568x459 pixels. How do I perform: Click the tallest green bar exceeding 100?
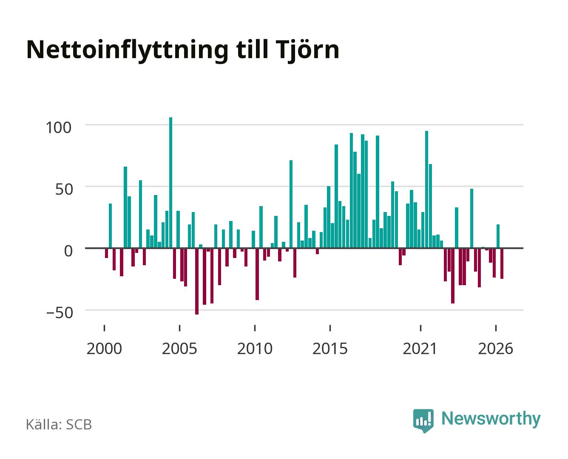tap(170, 182)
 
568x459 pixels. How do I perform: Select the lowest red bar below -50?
tap(197, 281)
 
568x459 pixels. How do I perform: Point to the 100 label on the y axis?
tap(59, 127)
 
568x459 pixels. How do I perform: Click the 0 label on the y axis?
tap(68, 251)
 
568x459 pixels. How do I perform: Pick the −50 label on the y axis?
tap(60, 313)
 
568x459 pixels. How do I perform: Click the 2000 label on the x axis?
tap(104, 348)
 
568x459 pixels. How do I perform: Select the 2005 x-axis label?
tap(179, 348)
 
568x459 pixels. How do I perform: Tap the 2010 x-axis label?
tap(255, 348)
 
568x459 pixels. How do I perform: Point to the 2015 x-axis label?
tap(330, 348)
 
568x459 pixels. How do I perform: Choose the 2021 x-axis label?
tap(420, 348)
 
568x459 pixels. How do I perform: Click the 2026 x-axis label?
tap(496, 348)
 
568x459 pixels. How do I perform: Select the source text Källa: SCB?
tap(59, 424)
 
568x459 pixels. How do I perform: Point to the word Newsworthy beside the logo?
tap(491, 419)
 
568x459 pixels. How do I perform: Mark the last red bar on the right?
tap(502, 263)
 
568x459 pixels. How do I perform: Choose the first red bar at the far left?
tap(106, 253)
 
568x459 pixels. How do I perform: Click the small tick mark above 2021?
tap(420, 328)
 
